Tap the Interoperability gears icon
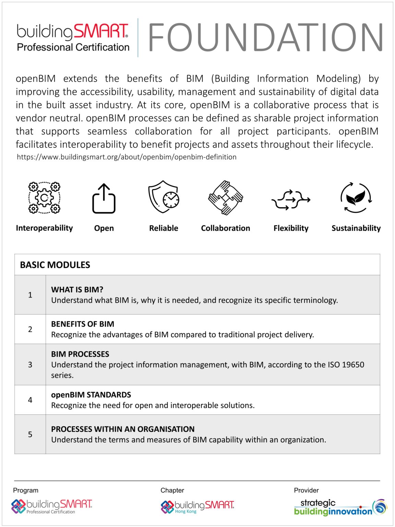44,198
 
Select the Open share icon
104,198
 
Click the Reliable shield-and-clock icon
164,197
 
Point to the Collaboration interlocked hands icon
226,198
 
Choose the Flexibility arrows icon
291,199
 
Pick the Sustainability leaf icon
356,198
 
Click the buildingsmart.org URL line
127,157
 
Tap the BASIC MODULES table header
55,265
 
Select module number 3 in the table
30,364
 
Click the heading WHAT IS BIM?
77,290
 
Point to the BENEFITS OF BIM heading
83,324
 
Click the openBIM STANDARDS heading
91,395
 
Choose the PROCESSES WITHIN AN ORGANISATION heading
123,429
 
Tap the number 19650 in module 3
353,364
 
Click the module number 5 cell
30,434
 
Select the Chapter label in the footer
172,490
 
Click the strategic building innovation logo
340,507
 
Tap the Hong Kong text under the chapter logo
186,511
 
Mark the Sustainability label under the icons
356,228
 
